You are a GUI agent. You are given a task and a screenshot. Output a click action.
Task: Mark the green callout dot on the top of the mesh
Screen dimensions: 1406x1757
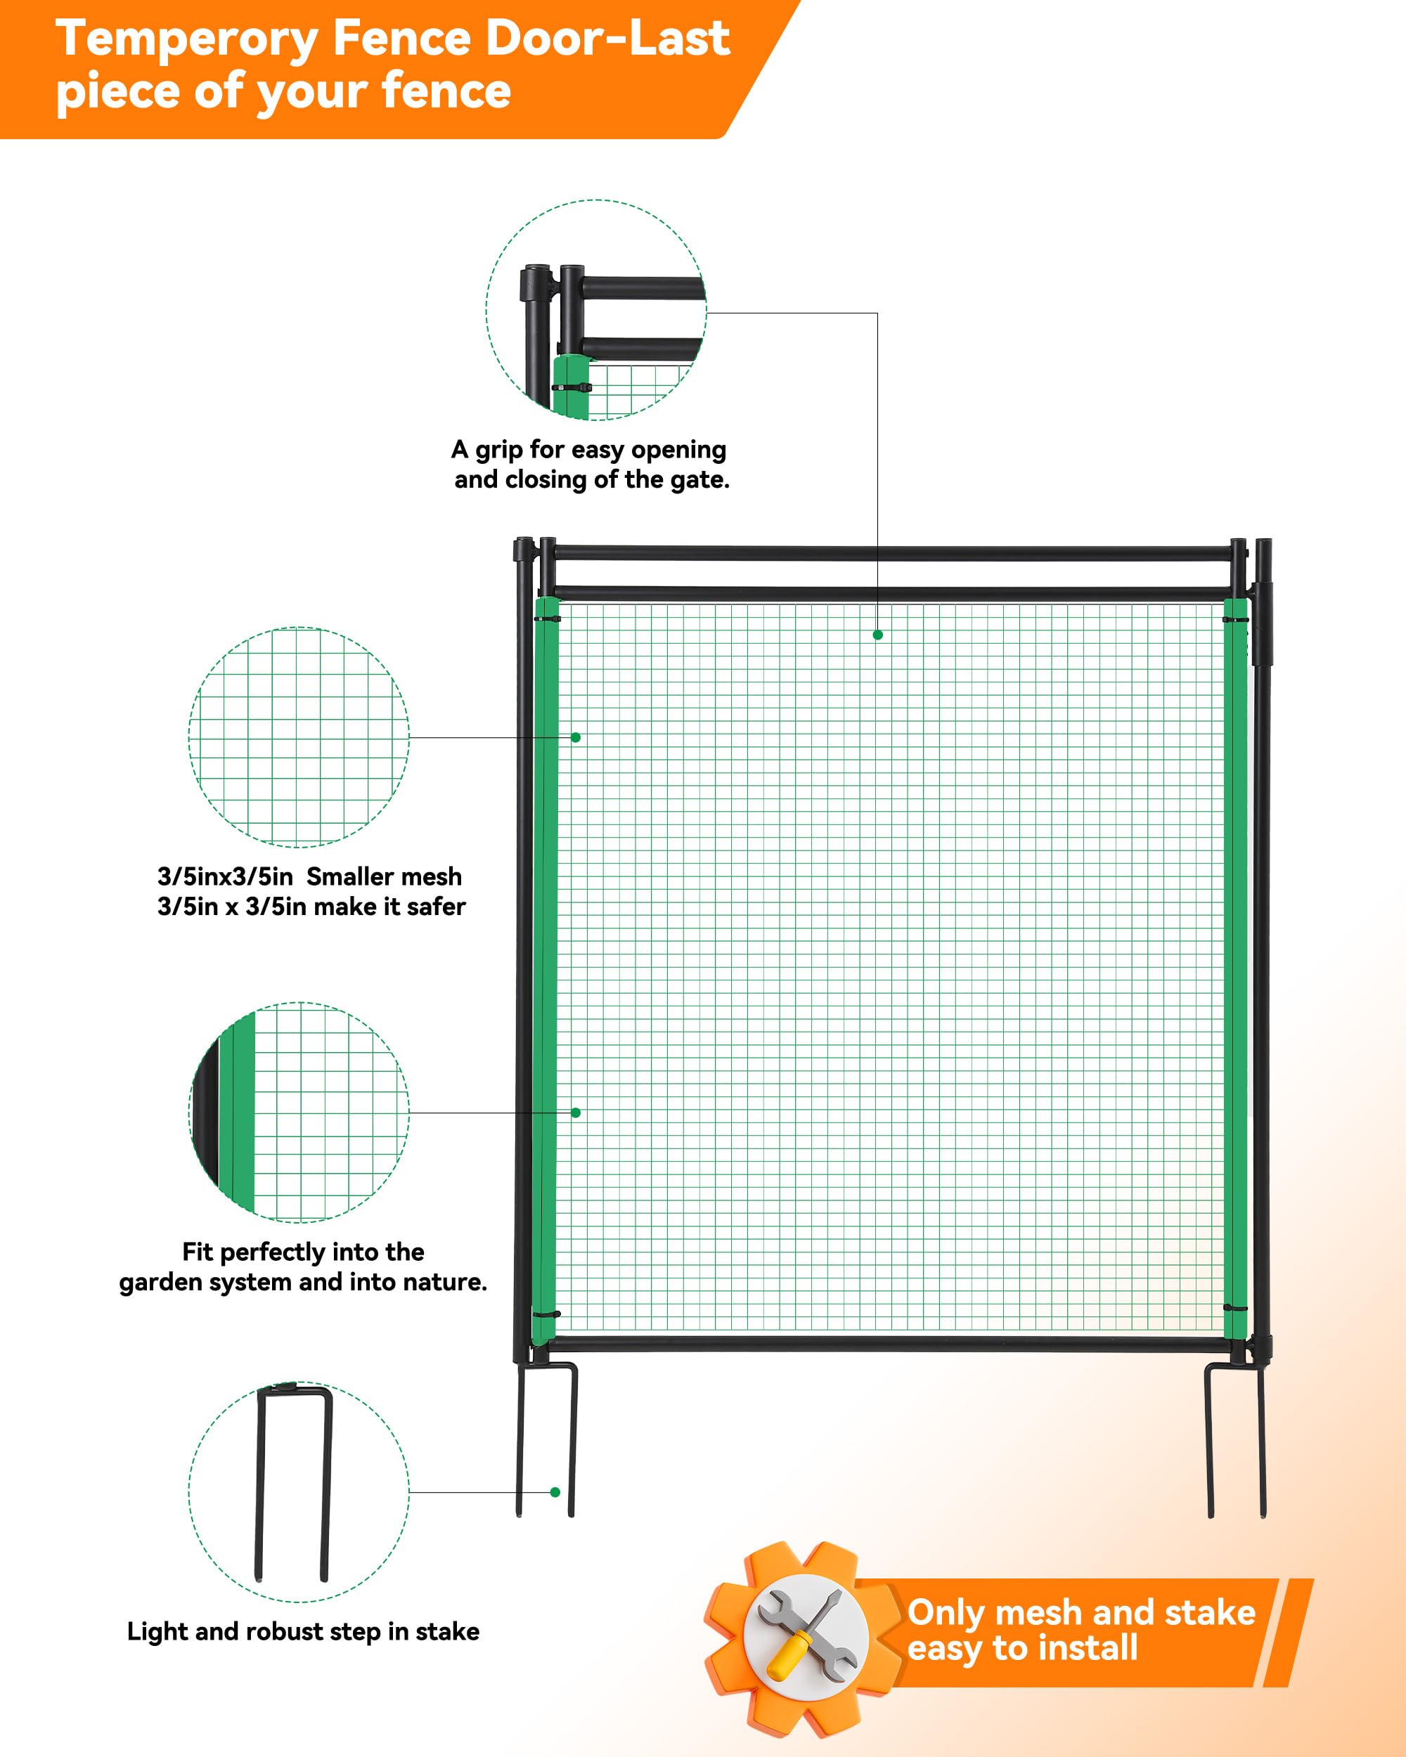[878, 635]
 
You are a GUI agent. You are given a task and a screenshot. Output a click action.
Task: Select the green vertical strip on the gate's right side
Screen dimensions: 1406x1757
[1236, 969]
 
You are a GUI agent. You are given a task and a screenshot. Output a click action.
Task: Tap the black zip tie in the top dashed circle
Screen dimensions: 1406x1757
[572, 387]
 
